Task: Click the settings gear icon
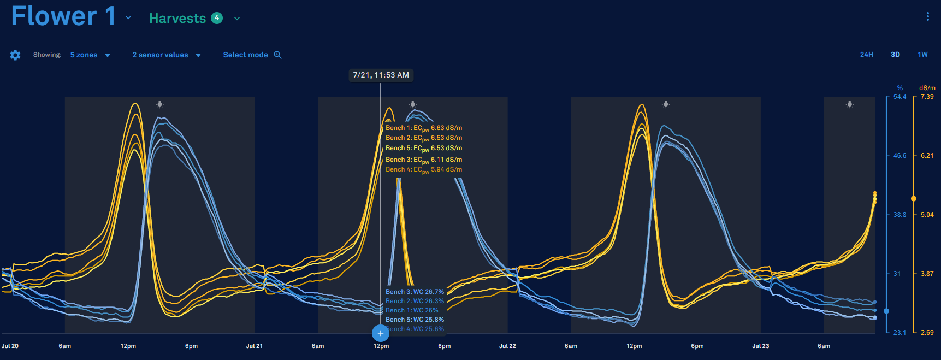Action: click(x=15, y=55)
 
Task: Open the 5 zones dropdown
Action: click(x=90, y=55)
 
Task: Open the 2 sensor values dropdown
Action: click(x=166, y=55)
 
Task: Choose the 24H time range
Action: click(x=866, y=55)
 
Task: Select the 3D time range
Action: click(x=895, y=55)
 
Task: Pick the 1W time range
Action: click(x=922, y=55)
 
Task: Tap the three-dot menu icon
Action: click(x=927, y=17)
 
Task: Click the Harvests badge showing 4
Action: click(x=217, y=18)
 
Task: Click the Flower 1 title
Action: click(x=63, y=16)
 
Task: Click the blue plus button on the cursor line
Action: click(x=381, y=333)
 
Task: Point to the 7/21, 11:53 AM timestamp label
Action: click(x=381, y=75)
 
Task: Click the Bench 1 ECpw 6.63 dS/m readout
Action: click(x=424, y=128)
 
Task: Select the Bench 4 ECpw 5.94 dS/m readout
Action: click(x=424, y=170)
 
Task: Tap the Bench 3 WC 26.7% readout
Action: click(x=415, y=292)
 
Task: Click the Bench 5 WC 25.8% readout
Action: click(x=415, y=320)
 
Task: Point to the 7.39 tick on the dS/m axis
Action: click(x=927, y=97)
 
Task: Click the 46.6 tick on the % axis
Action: click(x=899, y=156)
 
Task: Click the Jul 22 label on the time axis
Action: click(x=507, y=346)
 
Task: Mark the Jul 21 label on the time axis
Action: click(x=255, y=346)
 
